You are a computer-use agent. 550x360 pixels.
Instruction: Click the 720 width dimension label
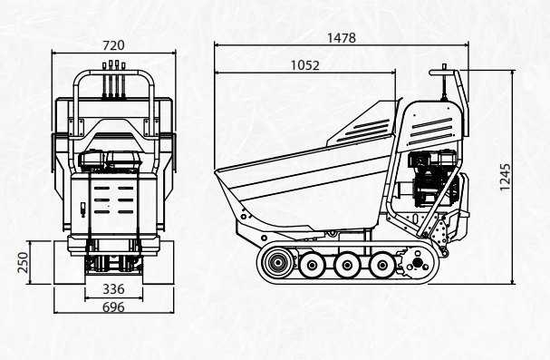point(113,45)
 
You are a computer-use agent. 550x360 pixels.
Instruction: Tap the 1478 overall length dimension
point(342,37)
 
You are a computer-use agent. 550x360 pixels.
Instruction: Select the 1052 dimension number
point(305,65)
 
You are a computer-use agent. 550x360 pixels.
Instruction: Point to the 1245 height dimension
point(505,177)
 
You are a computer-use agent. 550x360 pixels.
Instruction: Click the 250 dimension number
point(24,262)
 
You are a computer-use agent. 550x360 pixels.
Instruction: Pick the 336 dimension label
point(113,289)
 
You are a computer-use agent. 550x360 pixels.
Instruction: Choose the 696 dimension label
point(113,307)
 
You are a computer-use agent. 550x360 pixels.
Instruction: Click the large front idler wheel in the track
point(278,262)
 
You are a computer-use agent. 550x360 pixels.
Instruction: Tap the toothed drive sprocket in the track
point(417,262)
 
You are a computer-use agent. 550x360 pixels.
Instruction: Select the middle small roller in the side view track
point(346,265)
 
